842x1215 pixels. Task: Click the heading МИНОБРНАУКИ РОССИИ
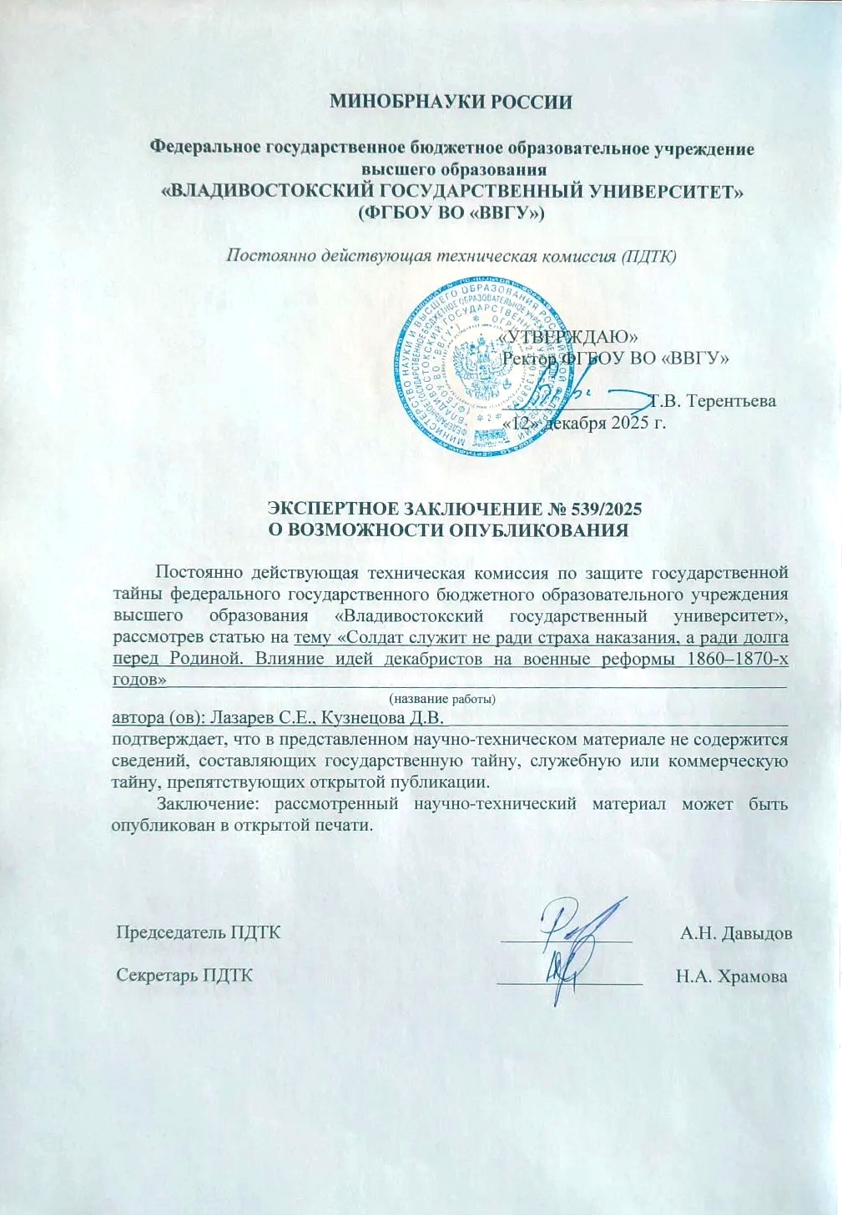451,103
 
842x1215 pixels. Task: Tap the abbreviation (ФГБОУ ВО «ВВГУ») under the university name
451,213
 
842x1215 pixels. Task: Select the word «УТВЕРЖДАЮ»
572,336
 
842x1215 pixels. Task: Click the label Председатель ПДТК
199,932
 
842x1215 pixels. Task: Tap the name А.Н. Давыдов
735,932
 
